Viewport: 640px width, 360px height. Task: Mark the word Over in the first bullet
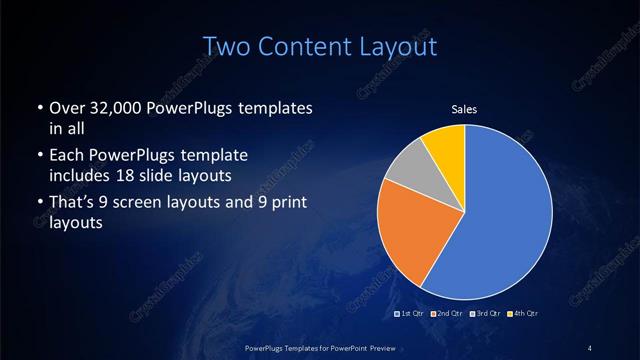tap(65, 107)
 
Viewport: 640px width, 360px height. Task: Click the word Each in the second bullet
tap(66, 156)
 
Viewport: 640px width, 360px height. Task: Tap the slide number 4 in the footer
tap(590, 347)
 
